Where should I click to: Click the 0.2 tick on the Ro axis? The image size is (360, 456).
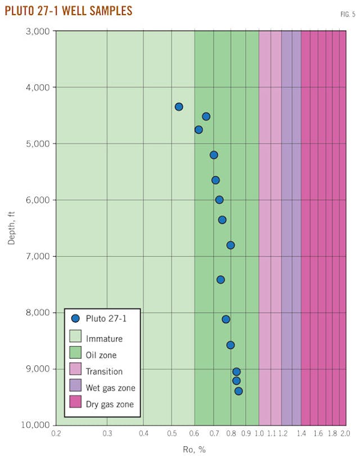(x=56, y=435)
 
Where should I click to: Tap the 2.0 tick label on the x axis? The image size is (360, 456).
(x=345, y=435)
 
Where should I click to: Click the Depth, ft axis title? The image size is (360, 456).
(x=12, y=227)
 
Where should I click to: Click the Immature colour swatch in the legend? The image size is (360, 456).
(x=75, y=338)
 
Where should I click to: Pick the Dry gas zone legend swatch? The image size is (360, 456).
(x=75, y=404)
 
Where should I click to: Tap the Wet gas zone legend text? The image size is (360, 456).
(x=111, y=387)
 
